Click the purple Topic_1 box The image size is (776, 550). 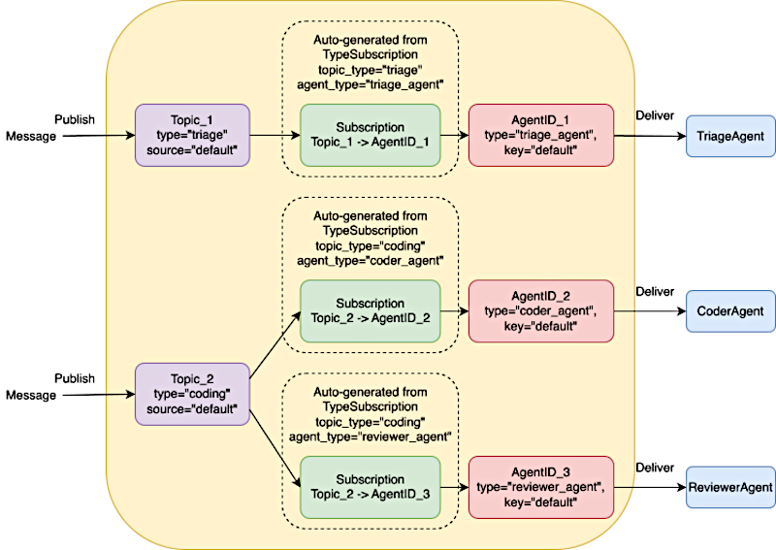pyautogui.click(x=192, y=135)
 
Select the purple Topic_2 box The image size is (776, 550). pyautogui.click(x=192, y=394)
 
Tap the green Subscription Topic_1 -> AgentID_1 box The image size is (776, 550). pyautogui.click(x=371, y=135)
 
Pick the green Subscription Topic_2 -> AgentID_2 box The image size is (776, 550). pyautogui.click(x=371, y=311)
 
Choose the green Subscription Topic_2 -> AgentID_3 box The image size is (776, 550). pyautogui.click(x=371, y=487)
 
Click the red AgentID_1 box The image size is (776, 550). pyautogui.click(x=541, y=135)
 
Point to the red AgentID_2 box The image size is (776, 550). pyautogui.click(x=541, y=311)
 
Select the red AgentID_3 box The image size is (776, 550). pyautogui.click(x=541, y=487)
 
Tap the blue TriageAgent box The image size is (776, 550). pyautogui.click(x=730, y=136)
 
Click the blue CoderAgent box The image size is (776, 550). pyautogui.click(x=730, y=311)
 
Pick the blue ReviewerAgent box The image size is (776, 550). pyautogui.click(x=730, y=487)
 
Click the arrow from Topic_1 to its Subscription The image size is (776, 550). pyautogui.click(x=275, y=135)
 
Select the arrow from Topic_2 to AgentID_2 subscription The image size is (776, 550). pyautogui.click(x=275, y=345)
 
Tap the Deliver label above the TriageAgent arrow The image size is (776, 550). pyautogui.click(x=655, y=115)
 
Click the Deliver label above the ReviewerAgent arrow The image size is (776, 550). pyautogui.click(x=655, y=468)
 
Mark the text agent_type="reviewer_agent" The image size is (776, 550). pyautogui.click(x=371, y=437)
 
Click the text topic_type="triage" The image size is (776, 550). pyautogui.click(x=371, y=70)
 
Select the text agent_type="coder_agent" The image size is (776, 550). pyautogui.click(x=371, y=260)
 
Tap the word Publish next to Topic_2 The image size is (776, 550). pyautogui.click(x=75, y=378)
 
